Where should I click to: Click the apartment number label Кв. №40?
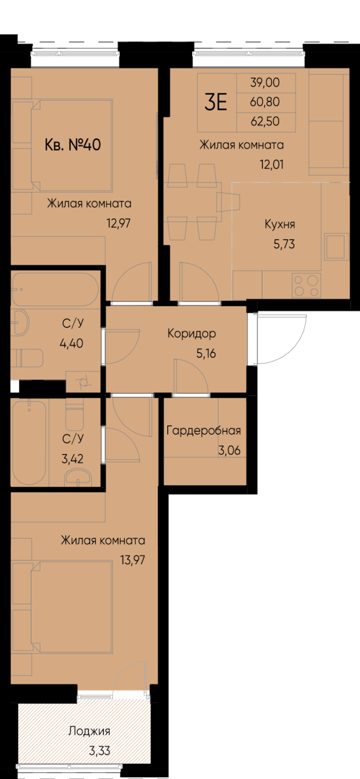(73, 145)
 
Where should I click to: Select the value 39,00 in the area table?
(265, 82)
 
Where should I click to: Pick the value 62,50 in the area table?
(265, 121)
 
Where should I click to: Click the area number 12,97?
(119, 222)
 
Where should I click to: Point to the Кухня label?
(280, 224)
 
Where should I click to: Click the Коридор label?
(192, 334)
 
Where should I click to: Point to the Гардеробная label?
(203, 431)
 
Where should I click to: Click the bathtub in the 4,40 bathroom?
(55, 289)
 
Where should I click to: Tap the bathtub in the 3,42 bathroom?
(29, 442)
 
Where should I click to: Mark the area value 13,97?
(133, 559)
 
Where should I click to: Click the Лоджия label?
(89, 732)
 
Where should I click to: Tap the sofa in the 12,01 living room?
(328, 123)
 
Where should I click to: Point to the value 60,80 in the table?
(265, 102)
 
